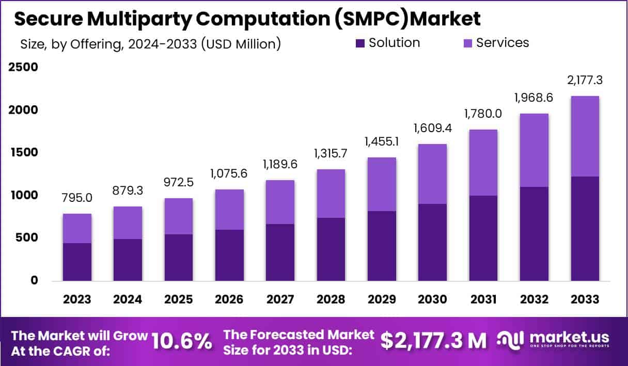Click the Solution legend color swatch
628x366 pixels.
pos(360,43)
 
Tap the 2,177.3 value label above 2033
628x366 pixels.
pos(585,80)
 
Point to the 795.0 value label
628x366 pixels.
pos(77,198)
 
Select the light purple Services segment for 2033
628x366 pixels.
pos(585,136)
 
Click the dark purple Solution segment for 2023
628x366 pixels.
pos(77,262)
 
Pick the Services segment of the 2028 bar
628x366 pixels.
pos(331,194)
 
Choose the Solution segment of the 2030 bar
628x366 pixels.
pos(433,242)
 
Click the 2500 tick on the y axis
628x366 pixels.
pos(23,68)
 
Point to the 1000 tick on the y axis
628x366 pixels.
pos(23,195)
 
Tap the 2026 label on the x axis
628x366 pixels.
pos(229,300)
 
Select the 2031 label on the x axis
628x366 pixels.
pos(483,300)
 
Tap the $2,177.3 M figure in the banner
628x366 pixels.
pos(433,341)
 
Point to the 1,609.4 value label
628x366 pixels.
pos(433,128)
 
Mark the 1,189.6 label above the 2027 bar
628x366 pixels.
pos(280,164)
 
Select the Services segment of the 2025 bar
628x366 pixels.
pos(179,216)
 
